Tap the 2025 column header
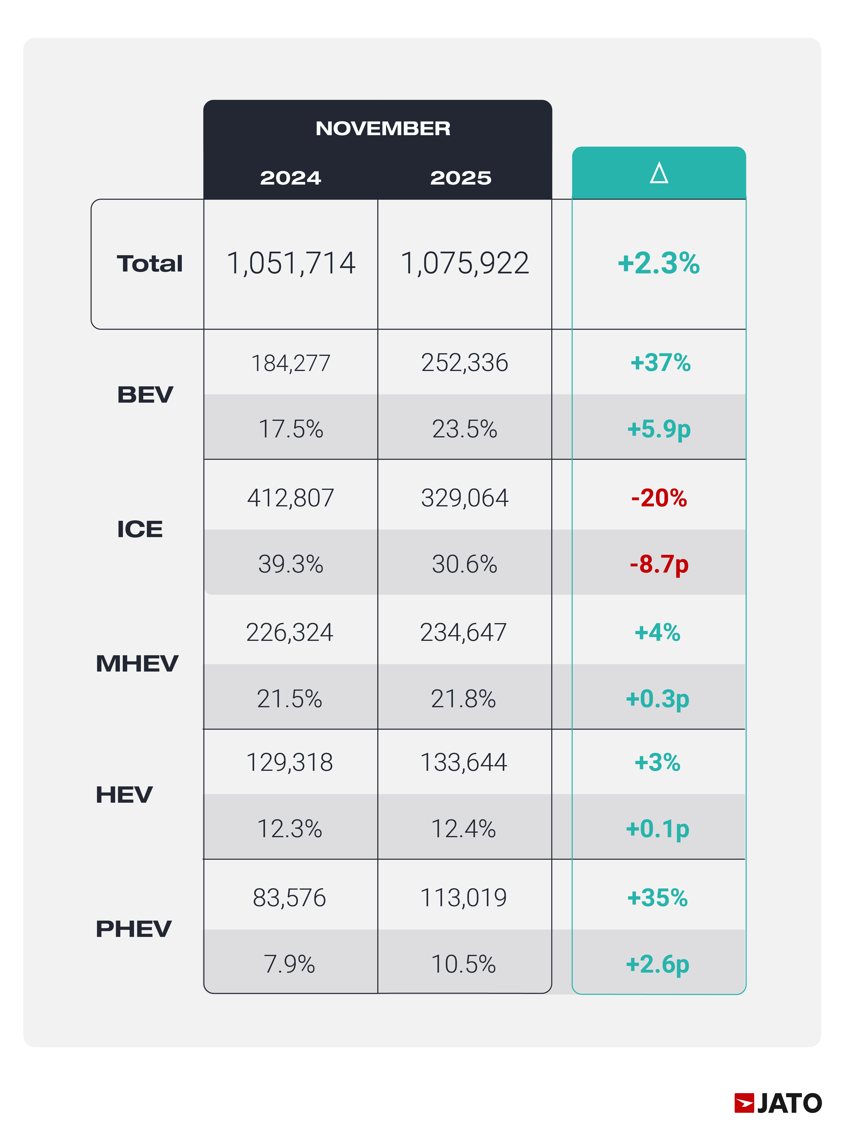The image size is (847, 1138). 460,178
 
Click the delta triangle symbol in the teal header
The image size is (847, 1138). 659,173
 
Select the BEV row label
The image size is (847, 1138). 145,395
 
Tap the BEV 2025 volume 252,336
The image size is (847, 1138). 465,363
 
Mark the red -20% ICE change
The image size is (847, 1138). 659,498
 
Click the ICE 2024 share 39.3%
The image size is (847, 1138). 291,564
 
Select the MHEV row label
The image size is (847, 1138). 137,664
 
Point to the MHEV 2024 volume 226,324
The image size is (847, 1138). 290,632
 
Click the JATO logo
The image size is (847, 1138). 778,1103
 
